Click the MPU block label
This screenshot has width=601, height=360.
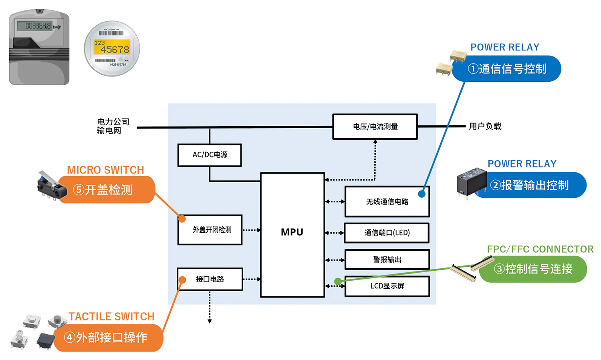coord(292,232)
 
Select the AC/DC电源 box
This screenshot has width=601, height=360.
coord(210,155)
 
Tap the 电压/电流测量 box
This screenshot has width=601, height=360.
coord(375,127)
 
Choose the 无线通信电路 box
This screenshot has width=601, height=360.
coord(387,202)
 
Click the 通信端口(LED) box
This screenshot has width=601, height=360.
coord(387,233)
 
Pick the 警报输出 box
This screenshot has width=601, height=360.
coord(387,259)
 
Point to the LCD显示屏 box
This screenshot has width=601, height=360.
coord(387,286)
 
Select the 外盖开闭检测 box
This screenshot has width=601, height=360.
coord(210,230)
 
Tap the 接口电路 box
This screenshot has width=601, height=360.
coord(210,279)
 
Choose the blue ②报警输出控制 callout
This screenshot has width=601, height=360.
coord(533,185)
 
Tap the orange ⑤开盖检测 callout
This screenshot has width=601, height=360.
coord(106,190)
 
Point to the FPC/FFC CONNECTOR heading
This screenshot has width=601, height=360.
coord(540,249)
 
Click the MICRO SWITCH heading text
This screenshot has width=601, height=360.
coord(105,170)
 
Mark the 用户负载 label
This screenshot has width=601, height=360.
coord(485,127)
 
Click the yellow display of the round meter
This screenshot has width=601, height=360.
coord(112,47)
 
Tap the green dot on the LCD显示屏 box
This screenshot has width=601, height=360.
coord(338,282)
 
